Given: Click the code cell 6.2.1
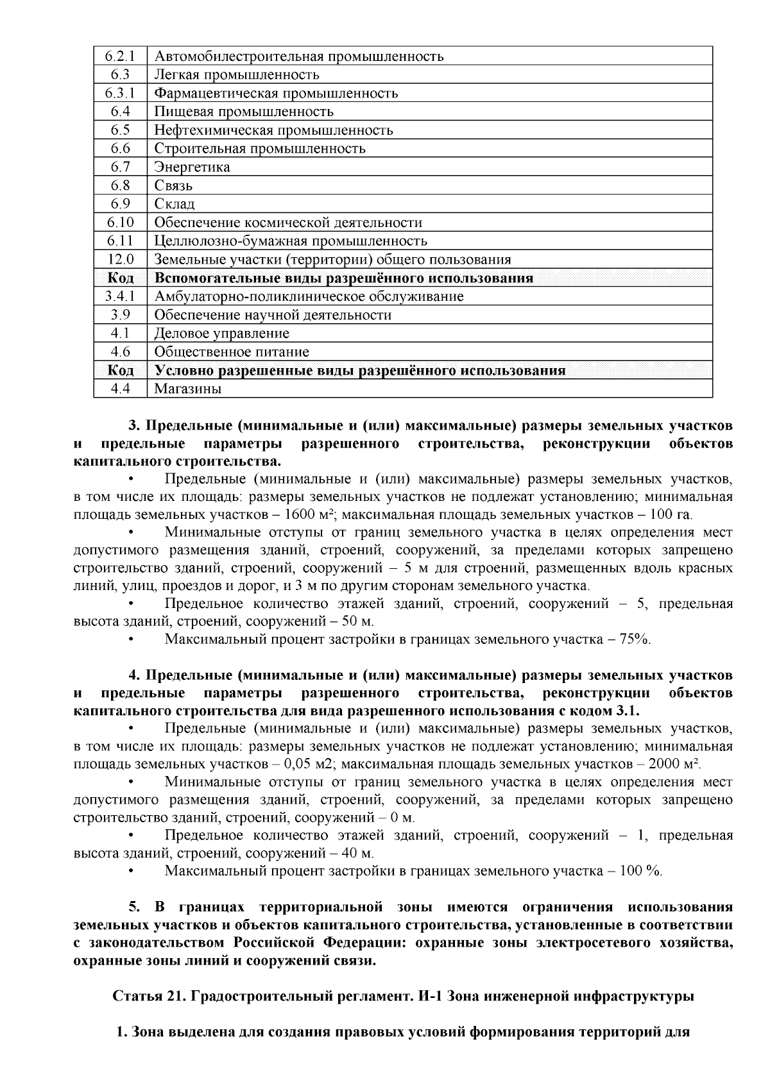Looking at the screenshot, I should [121, 56].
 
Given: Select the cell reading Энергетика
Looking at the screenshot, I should [192, 167].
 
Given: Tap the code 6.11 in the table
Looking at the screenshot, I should [121, 241].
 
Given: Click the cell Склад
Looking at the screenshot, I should [175, 204].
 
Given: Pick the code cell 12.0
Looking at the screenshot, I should [121, 260].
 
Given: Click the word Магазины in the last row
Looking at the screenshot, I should [187, 389].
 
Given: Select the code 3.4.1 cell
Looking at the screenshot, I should [121, 296].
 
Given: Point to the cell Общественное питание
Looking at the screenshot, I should [232, 352].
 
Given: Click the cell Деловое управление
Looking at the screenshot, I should [221, 333].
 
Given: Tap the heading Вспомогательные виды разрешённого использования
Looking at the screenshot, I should [343, 278].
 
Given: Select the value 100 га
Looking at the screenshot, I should [671, 515].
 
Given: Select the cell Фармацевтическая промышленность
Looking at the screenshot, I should [276, 94].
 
